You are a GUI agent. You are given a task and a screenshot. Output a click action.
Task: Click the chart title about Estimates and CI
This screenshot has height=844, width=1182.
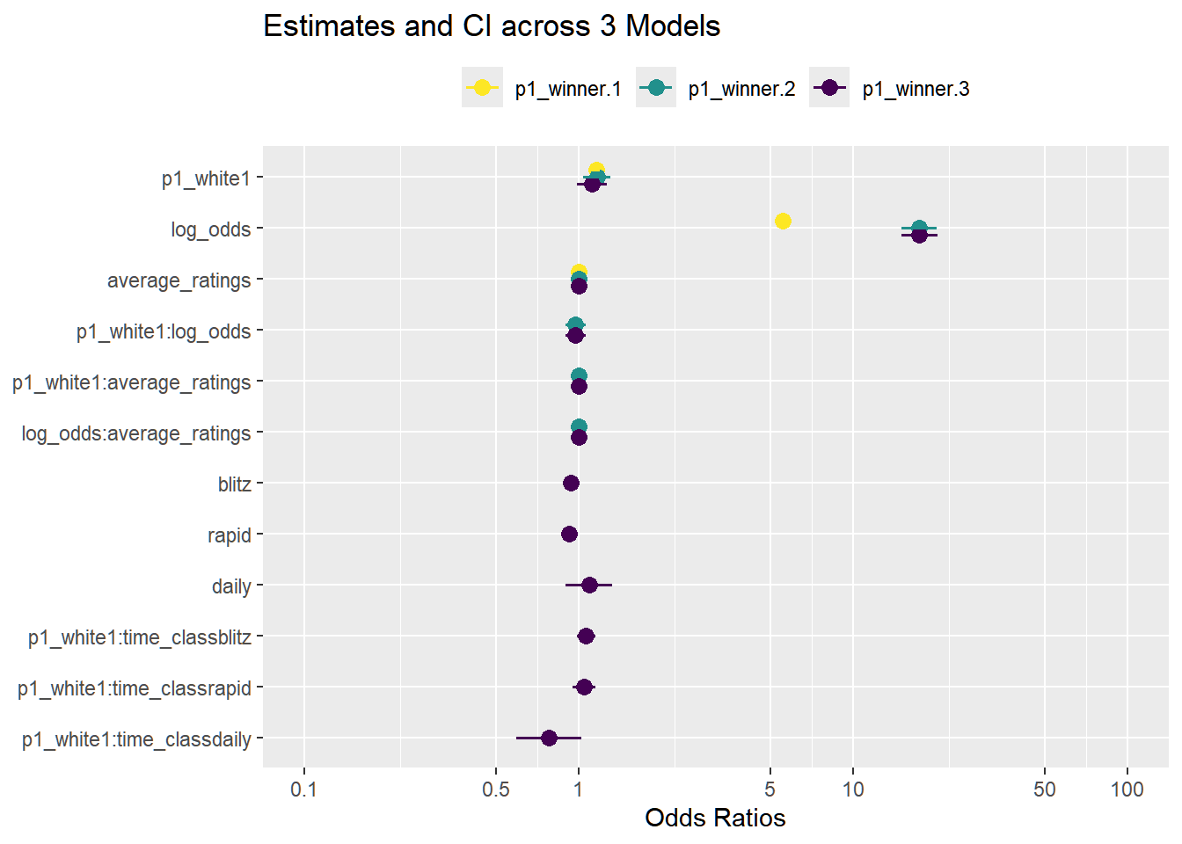(492, 26)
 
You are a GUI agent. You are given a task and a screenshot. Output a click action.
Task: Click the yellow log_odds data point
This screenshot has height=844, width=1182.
(783, 221)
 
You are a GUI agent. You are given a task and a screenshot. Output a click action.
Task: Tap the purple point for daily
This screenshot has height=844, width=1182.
(589, 585)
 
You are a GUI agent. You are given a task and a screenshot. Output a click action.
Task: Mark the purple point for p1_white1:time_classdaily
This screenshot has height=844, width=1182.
(549, 738)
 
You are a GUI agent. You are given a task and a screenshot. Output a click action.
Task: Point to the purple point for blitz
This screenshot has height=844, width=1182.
(571, 483)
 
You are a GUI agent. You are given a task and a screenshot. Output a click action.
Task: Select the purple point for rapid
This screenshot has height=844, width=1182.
(569, 534)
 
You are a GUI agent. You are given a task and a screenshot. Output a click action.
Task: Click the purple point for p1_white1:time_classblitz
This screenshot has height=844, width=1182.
(586, 636)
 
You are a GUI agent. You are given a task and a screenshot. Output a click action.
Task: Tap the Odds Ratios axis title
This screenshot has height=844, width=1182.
(715, 819)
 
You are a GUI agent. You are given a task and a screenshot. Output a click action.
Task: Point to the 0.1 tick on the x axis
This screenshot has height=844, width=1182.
(304, 789)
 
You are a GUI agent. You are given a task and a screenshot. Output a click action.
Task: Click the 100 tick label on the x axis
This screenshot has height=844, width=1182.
(1127, 789)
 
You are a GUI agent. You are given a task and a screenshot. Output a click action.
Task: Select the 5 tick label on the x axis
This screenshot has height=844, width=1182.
(770, 789)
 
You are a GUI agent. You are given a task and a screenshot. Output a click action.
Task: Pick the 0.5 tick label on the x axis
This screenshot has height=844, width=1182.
(496, 789)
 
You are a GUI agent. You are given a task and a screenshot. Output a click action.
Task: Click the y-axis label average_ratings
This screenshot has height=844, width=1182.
(179, 280)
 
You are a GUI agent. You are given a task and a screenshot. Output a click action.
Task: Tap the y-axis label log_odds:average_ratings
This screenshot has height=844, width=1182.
(136, 433)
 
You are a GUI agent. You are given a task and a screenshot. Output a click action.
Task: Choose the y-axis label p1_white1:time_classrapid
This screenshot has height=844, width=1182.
(135, 688)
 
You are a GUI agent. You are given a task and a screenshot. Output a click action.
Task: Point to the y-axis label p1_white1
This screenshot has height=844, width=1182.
(206, 178)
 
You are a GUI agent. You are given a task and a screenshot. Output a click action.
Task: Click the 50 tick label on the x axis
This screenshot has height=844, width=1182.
(1045, 789)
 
